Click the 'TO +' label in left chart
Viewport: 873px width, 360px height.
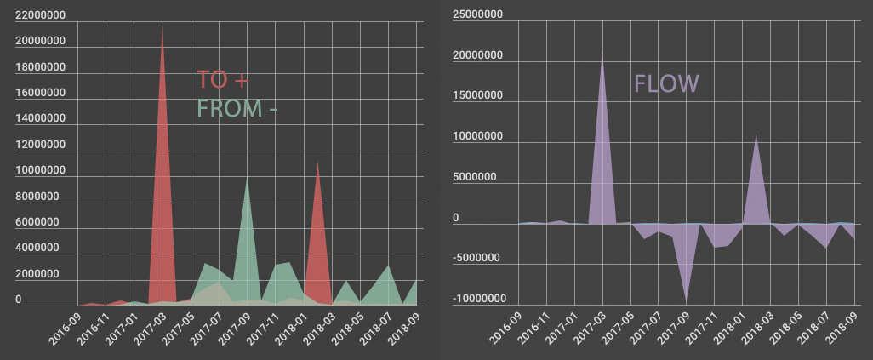[223, 80]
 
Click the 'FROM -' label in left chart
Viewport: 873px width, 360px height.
[237, 109]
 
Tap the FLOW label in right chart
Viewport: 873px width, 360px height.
[666, 83]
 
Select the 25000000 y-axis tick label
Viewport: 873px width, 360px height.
[476, 14]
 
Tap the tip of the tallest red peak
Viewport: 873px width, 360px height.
[163, 23]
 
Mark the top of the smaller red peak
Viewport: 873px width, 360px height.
[318, 162]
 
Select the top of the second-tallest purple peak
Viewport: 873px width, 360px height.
[756, 134]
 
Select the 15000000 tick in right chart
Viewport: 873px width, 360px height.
[476, 95]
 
